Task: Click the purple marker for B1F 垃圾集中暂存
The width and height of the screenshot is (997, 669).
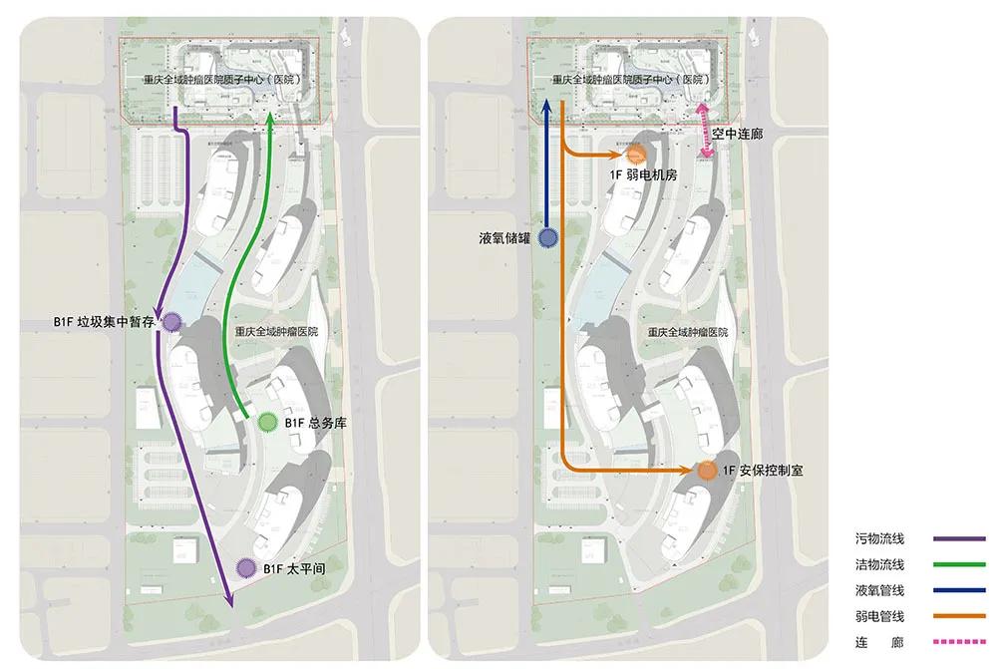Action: [x=171, y=322]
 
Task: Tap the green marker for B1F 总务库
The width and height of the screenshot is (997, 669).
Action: [x=267, y=423]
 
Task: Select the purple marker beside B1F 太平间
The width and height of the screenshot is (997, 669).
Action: [x=245, y=568]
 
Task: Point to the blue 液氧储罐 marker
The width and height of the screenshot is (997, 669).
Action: [x=547, y=237]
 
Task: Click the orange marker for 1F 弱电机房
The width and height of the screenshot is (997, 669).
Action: [x=637, y=155]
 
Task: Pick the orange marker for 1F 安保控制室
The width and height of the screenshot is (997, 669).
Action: [x=706, y=471]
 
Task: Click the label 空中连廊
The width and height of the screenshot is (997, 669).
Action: [x=738, y=133]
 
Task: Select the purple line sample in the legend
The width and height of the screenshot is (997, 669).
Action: [x=959, y=539]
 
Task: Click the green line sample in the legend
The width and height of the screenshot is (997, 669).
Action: [x=959, y=565]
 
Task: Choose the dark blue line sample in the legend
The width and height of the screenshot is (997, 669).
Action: [x=959, y=590]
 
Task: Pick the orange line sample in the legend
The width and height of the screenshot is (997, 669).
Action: [x=959, y=616]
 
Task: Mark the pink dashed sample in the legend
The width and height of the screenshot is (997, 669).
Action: [x=959, y=642]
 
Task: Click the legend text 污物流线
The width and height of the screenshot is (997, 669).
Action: [x=879, y=539]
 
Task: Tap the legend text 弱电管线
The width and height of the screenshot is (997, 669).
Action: [x=879, y=616]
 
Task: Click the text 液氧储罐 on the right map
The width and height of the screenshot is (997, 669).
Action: [x=504, y=238]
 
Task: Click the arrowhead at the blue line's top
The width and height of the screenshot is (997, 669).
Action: [x=547, y=104]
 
